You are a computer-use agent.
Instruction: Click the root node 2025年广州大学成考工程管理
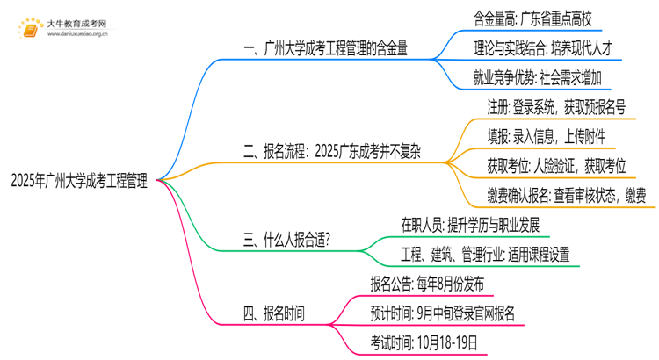click(79, 182)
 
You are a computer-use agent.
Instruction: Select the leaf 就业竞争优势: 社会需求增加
click(537, 78)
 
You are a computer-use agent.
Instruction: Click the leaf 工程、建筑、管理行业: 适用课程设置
click(484, 254)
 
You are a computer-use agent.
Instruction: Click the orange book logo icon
click(33, 28)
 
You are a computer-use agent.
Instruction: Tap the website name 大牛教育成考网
click(76, 22)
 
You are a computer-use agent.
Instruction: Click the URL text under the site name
click(76, 36)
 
